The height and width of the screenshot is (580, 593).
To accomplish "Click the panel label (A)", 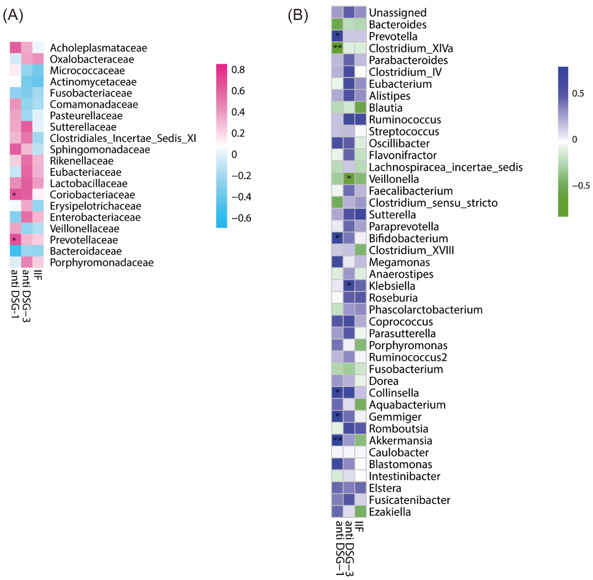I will (13, 15).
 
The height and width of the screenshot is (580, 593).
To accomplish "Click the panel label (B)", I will (298, 15).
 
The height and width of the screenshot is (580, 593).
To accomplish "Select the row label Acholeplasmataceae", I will (98, 48).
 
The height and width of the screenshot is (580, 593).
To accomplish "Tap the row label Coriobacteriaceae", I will (92, 195).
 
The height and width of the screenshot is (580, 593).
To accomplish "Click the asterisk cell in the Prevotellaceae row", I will (15, 240).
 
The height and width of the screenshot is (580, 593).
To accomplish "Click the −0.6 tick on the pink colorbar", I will (241, 218).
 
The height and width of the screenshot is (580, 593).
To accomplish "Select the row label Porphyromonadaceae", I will (102, 262).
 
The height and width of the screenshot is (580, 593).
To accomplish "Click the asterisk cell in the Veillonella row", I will (349, 178).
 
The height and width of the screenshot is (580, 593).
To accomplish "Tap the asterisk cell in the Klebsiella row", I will (349, 285).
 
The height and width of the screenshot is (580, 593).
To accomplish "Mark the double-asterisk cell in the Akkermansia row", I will (337, 440).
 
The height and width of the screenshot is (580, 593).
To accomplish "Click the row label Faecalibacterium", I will (411, 191).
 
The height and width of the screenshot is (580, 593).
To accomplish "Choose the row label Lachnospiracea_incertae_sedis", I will (446, 167).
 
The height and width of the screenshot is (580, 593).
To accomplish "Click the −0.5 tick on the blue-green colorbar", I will (581, 186).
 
